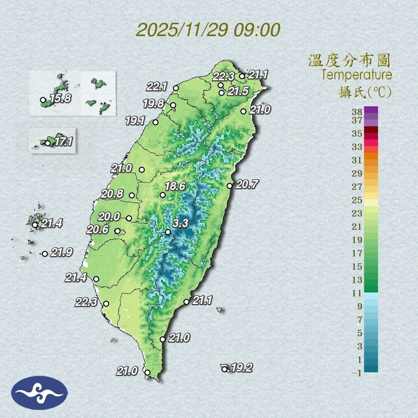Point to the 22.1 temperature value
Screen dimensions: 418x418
coord(157,86)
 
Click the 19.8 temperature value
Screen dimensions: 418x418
coord(153,104)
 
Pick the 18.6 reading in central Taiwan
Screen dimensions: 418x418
coord(175,187)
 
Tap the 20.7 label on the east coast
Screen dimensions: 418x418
coord(247,185)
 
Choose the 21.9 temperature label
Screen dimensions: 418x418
coord(61,253)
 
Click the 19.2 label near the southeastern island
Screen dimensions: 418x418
coord(241,368)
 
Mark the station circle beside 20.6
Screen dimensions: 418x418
coord(118,231)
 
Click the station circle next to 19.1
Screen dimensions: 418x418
coord(155,123)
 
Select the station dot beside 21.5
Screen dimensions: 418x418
coord(221,93)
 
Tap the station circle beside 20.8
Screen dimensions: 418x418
coord(132,195)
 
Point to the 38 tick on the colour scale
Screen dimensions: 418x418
coord(357,112)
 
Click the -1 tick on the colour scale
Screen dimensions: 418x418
coord(356,373)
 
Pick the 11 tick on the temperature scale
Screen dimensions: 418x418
coord(357,293)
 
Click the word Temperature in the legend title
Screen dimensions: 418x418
coord(356,75)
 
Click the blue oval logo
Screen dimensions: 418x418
coord(39,393)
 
